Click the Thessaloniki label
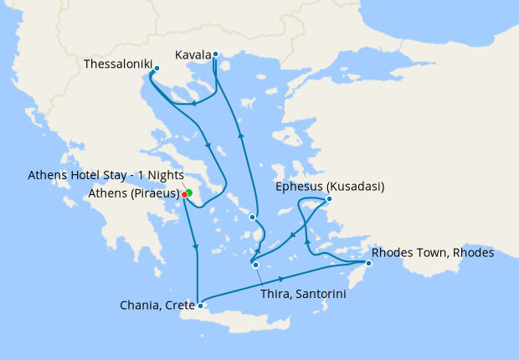point(117,64)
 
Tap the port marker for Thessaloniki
point(157,67)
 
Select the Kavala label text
point(193,55)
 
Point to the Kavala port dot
point(215,54)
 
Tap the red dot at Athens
point(184,194)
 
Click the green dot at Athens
point(189,193)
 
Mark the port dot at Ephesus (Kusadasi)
point(330,199)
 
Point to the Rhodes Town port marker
point(368,264)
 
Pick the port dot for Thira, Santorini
point(255,266)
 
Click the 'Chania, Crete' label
point(157,306)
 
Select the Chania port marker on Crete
point(200,306)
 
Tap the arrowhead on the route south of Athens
point(196,245)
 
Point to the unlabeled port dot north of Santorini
point(252,218)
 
